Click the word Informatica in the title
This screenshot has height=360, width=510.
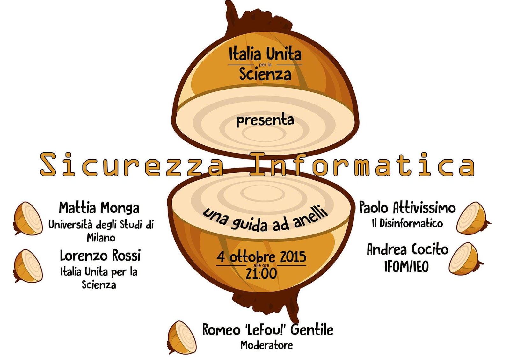362,165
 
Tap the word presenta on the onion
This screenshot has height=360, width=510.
265,120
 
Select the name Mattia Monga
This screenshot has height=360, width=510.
99,208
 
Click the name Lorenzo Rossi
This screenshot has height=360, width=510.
100,256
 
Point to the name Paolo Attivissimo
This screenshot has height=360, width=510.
407,208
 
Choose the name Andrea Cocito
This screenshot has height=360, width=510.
407,249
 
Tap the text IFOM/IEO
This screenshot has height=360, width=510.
406,266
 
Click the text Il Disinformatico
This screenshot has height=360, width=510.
407,223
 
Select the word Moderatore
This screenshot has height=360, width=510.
266,345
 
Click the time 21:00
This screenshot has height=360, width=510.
261,274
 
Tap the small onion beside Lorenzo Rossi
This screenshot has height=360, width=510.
28,266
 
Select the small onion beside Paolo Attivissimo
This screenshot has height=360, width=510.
472,218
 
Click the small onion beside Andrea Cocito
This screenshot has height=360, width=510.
465,259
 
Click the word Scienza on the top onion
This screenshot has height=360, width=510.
265,74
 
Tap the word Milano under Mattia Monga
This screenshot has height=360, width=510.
101,238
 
